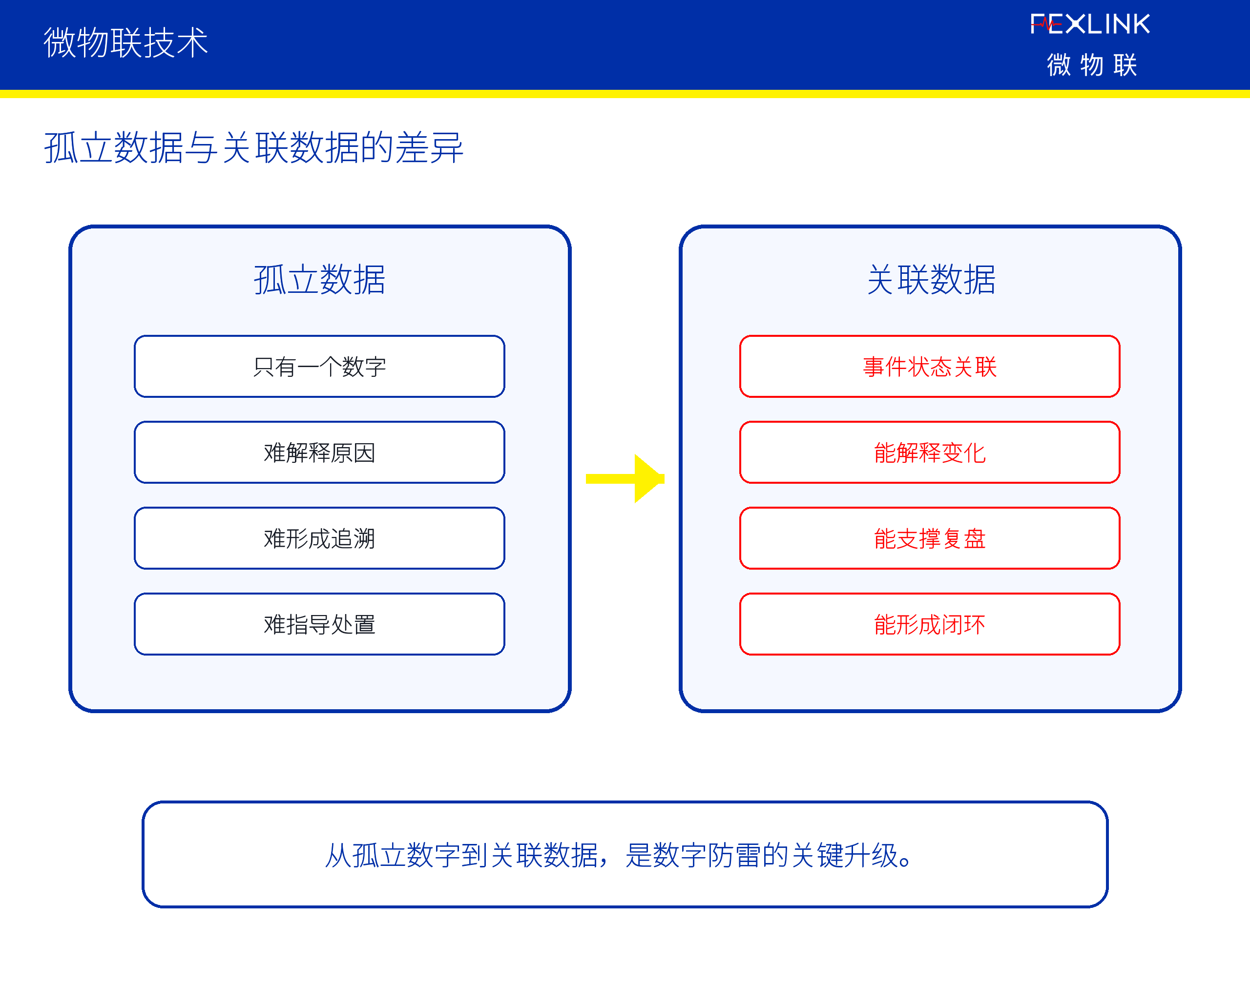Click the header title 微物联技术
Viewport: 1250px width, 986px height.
pyautogui.click(x=125, y=42)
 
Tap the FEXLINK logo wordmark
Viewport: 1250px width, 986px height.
pyautogui.click(x=1090, y=24)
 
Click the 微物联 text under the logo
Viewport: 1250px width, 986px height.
pyautogui.click(x=1092, y=64)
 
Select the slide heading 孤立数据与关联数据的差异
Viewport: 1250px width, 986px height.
pyautogui.click(x=253, y=147)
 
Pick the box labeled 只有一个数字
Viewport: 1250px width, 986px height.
pyautogui.click(x=319, y=366)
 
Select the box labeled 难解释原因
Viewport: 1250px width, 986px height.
pyautogui.click(x=319, y=452)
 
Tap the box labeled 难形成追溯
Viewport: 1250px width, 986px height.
pyautogui.click(x=319, y=538)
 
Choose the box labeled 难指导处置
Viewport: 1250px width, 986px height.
pyautogui.click(x=319, y=624)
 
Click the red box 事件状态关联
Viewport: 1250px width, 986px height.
pyautogui.click(x=930, y=366)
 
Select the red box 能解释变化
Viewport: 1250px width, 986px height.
pyautogui.click(x=930, y=452)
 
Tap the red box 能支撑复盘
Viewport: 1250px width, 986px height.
pyautogui.click(x=930, y=538)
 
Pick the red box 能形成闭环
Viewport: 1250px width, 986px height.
pyautogui.click(x=930, y=624)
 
